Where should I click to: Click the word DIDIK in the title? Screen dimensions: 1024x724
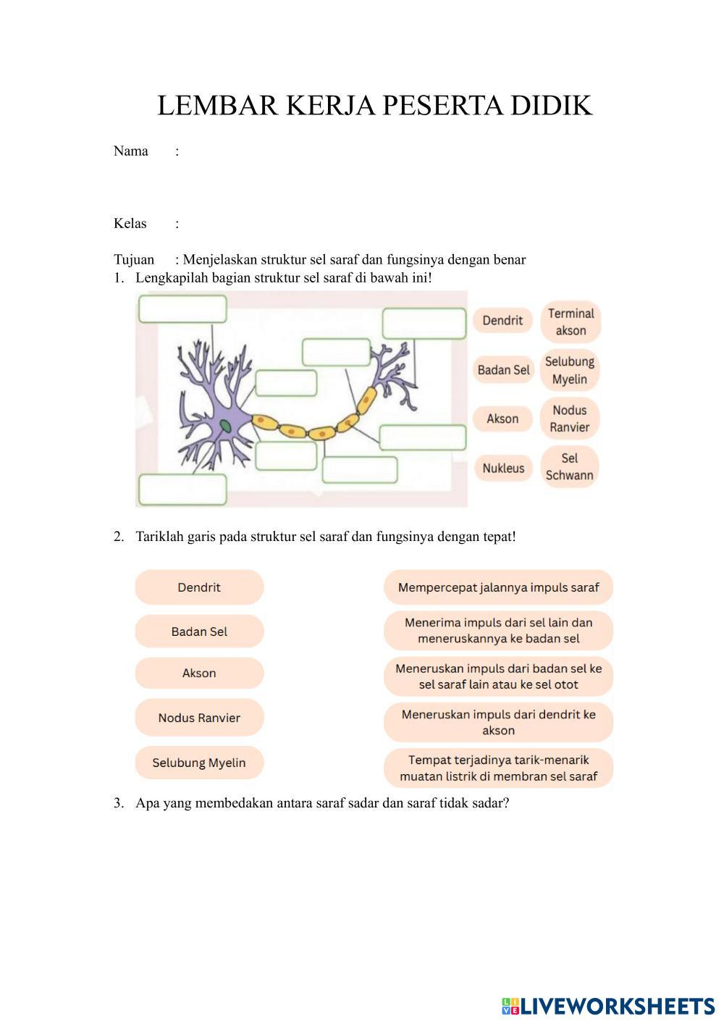click(552, 106)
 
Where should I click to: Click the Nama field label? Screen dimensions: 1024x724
click(130, 151)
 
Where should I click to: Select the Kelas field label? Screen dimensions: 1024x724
click(130, 224)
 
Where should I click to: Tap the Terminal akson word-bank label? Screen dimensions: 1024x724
click(571, 322)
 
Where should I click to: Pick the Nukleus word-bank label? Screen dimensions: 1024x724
click(503, 468)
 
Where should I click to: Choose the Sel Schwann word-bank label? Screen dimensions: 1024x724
click(570, 467)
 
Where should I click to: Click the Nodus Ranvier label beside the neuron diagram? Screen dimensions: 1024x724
click(570, 419)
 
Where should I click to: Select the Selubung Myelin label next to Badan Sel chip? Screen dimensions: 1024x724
click(570, 370)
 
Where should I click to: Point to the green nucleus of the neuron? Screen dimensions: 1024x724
click(227, 427)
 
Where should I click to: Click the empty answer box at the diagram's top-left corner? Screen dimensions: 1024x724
click(182, 309)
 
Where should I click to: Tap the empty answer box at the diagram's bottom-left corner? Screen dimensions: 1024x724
click(182, 490)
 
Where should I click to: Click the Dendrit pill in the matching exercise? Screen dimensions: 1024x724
click(199, 587)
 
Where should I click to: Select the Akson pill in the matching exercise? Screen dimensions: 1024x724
click(199, 673)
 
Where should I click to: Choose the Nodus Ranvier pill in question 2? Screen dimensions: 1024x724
click(199, 718)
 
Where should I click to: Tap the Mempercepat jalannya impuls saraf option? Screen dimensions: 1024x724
click(498, 587)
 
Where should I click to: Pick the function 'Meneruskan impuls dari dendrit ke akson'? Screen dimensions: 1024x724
click(498, 722)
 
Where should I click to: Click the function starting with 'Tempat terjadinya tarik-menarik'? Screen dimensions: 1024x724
click(498, 768)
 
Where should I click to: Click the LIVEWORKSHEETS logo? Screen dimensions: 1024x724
click(608, 1006)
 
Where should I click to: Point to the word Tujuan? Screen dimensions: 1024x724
click(134, 260)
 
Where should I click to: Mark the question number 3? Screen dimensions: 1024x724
click(118, 803)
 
